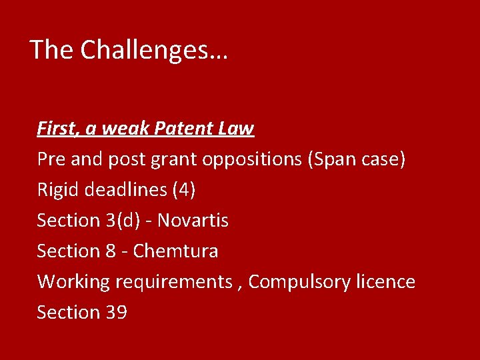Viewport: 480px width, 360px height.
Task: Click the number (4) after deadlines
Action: [183, 190]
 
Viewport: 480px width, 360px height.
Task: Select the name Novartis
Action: [193, 221]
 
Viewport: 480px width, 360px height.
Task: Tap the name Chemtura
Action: [175, 251]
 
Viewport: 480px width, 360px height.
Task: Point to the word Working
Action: [73, 282]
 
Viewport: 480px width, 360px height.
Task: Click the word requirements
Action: [173, 283]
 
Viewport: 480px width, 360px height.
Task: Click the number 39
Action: [116, 313]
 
